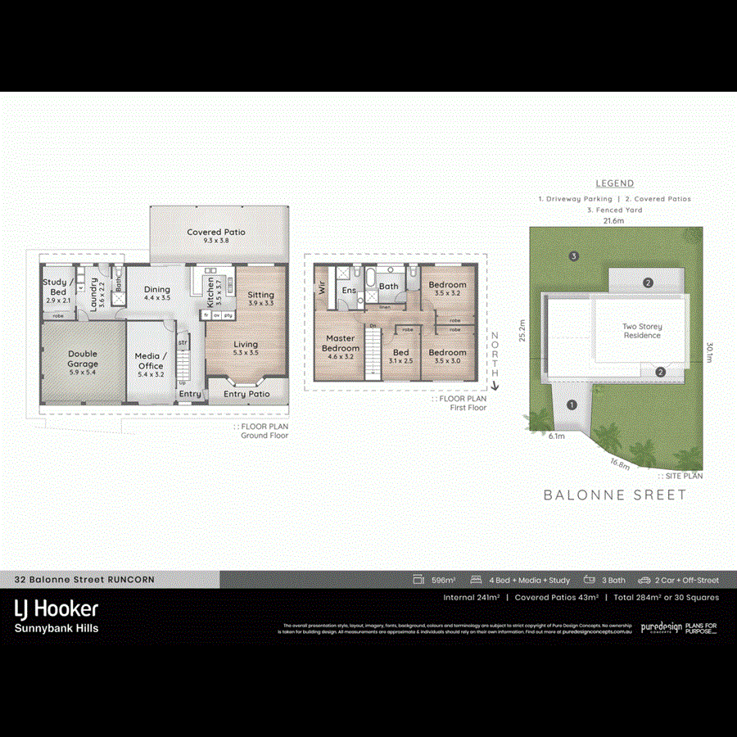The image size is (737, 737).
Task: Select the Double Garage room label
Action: click(83, 359)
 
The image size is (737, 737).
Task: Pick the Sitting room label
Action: click(260, 298)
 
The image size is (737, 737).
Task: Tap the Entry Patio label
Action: click(246, 394)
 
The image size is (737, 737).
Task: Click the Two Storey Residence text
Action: click(642, 331)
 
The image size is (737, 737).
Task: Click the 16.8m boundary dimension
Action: click(620, 463)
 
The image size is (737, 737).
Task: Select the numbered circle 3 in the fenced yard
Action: click(575, 256)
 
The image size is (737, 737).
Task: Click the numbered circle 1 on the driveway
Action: click(572, 404)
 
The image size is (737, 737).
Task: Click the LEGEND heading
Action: click(614, 183)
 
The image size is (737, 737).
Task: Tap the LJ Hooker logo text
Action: click(56, 608)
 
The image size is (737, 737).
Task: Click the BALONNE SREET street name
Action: click(615, 495)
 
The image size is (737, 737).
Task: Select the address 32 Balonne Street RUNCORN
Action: click(84, 579)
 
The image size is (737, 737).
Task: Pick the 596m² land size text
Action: click(443, 580)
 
